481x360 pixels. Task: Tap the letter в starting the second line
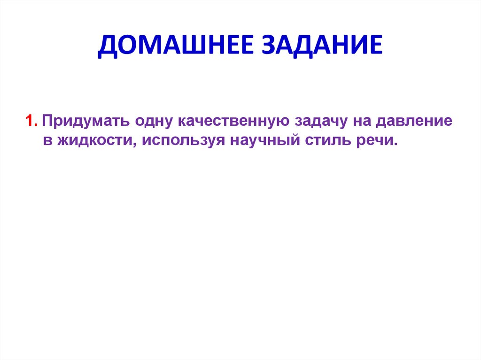47,141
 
